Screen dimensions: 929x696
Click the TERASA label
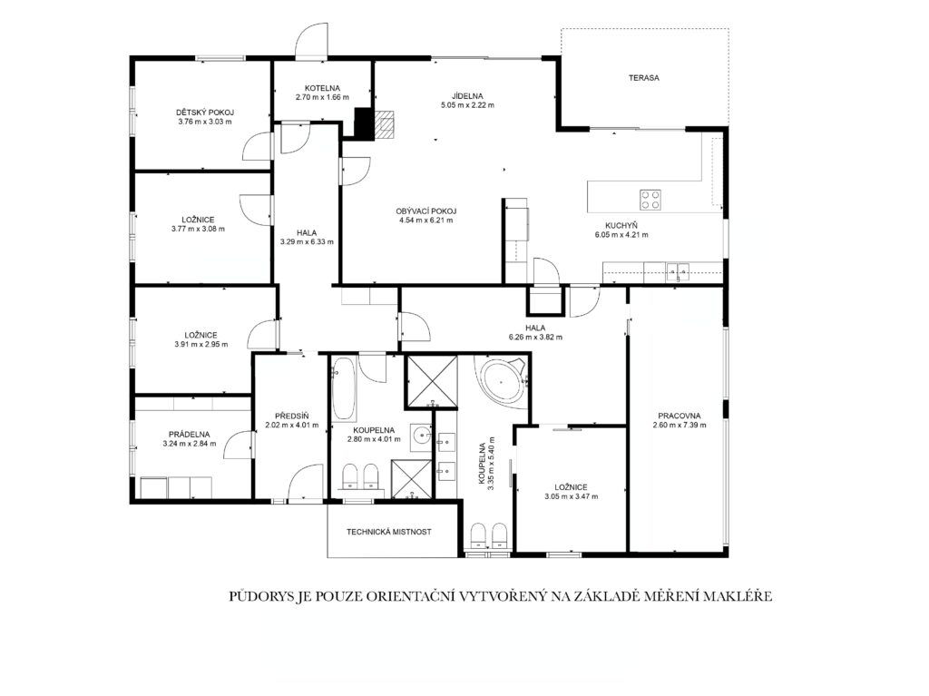(x=644, y=78)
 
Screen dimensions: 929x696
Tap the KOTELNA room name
(x=322, y=88)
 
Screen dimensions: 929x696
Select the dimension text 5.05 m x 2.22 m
(x=467, y=105)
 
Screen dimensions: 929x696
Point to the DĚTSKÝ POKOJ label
(x=205, y=113)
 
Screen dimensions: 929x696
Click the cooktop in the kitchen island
(x=650, y=200)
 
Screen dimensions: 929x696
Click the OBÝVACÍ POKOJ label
(x=426, y=211)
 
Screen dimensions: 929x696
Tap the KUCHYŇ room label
(x=621, y=225)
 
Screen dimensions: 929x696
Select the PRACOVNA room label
(x=679, y=416)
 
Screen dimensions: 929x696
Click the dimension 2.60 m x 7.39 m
(x=679, y=425)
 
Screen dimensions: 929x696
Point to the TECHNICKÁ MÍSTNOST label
(x=388, y=532)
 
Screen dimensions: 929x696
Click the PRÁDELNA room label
(x=189, y=435)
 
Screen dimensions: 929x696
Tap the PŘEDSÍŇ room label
(x=291, y=417)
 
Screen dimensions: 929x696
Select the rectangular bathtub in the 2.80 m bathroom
(x=343, y=389)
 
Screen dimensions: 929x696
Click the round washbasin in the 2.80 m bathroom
(x=422, y=434)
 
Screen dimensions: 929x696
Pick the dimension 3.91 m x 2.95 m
(x=200, y=345)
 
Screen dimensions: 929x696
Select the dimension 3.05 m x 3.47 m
(x=572, y=496)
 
